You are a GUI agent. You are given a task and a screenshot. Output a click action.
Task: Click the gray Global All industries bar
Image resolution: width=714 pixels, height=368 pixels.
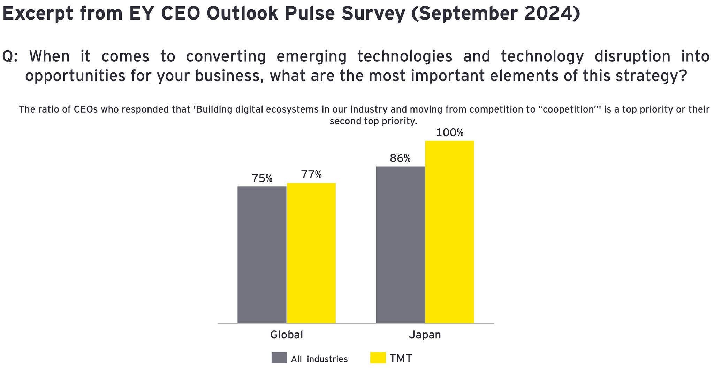262,255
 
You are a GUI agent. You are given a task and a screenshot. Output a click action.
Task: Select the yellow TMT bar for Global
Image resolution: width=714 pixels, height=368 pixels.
311,253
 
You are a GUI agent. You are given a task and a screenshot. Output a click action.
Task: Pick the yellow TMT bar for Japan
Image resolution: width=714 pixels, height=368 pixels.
450,232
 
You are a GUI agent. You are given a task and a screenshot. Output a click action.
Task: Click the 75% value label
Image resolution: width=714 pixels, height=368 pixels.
262,178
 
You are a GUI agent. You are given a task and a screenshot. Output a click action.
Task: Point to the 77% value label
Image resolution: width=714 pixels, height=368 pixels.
311,175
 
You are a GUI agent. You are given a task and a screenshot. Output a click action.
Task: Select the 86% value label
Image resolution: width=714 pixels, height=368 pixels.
400,159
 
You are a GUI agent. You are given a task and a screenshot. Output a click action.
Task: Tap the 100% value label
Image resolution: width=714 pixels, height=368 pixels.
450,133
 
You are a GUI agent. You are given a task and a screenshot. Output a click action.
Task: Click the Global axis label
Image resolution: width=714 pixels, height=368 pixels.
287,335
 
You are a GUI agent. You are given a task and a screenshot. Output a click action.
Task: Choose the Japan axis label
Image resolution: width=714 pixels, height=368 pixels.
425,335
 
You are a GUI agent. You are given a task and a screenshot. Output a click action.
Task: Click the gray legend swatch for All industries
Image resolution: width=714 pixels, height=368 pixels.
279,358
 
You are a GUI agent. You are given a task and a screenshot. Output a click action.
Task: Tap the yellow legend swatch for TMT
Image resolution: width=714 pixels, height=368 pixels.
378,358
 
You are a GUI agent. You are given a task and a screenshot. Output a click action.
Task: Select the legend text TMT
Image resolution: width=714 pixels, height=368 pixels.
401,359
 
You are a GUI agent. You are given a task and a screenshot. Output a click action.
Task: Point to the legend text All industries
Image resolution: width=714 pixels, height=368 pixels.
319,359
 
